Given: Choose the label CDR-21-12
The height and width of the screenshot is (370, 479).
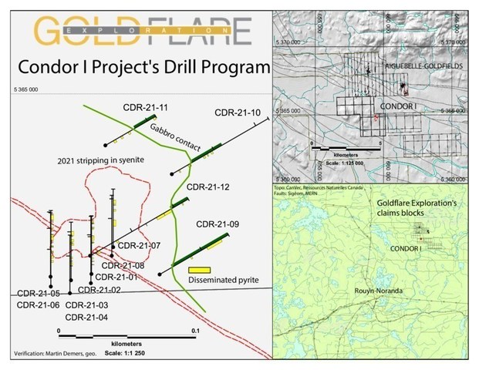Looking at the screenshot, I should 208,186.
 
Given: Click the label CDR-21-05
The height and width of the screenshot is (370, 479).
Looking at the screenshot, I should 39,293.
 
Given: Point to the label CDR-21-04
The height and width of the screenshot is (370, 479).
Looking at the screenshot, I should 86,317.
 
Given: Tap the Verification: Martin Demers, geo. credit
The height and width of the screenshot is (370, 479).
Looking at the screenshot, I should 52,354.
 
